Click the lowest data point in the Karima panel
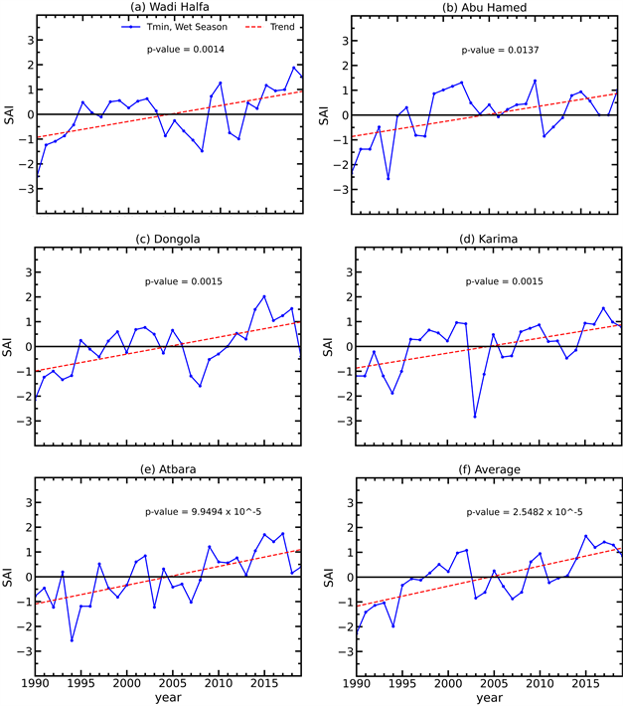475,416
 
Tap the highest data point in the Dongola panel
264,296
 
